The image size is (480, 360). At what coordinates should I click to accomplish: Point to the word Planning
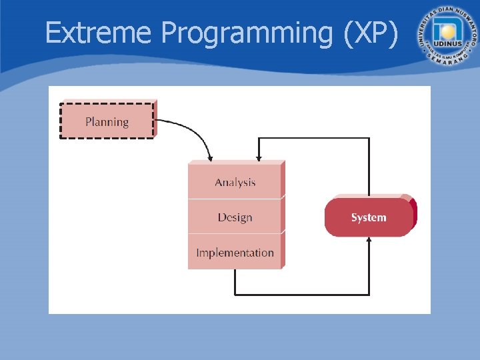pyautogui.click(x=107, y=122)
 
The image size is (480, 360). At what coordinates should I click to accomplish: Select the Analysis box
pyautogui.click(x=235, y=181)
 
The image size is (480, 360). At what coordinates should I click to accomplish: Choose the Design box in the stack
pyautogui.click(x=235, y=217)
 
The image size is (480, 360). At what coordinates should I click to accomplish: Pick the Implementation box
pyautogui.click(x=235, y=252)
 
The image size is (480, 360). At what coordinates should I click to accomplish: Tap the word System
pyautogui.click(x=369, y=217)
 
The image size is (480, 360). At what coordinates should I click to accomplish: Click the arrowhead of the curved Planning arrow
pyautogui.click(x=210, y=157)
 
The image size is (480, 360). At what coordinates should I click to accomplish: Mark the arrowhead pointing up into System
pyautogui.click(x=369, y=241)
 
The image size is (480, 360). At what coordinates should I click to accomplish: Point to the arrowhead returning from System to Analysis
pyautogui.click(x=259, y=157)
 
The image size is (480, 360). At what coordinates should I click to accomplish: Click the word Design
pyautogui.click(x=235, y=217)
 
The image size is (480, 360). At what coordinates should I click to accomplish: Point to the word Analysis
pyautogui.click(x=235, y=182)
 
